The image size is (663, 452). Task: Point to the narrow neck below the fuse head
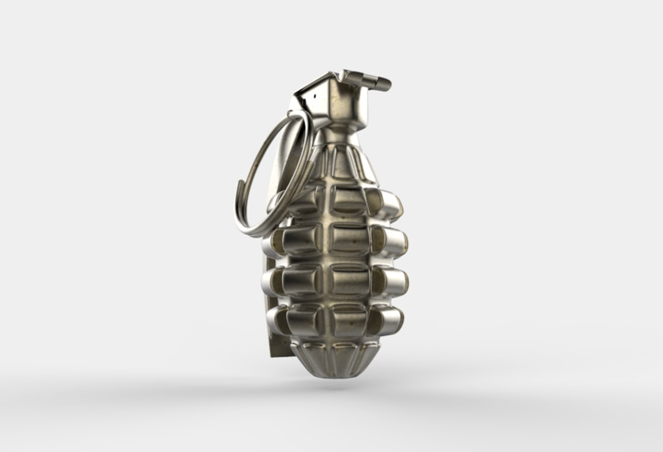point(340,133)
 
